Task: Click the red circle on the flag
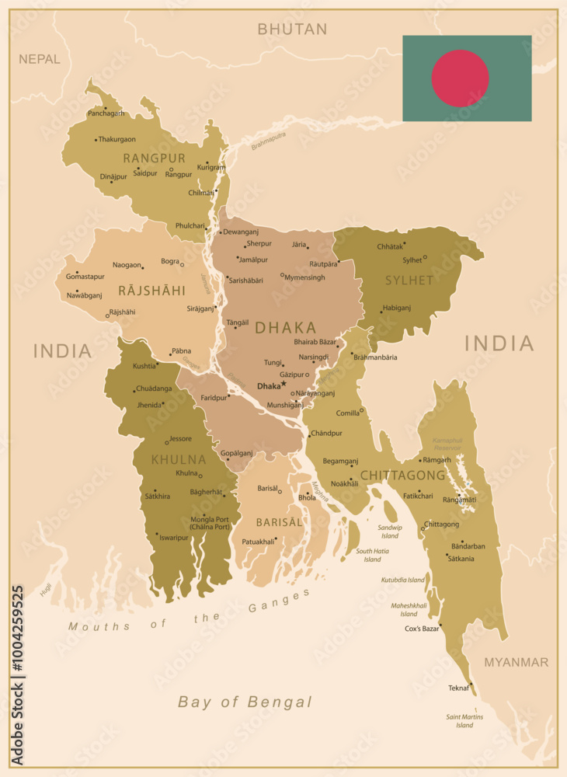coord(460,78)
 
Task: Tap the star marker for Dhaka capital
coord(283,384)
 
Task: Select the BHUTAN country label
coord(292,30)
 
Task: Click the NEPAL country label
coord(39,59)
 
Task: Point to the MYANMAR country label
coord(516,662)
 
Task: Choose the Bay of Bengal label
coord(245,702)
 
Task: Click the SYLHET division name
coord(409,280)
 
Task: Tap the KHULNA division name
coord(179,459)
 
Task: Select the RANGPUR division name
coord(155,158)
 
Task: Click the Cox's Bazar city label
coord(421,629)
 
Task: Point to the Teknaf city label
coord(458,688)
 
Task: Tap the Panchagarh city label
coord(106,113)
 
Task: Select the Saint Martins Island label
coord(464,721)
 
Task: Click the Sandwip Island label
coord(390,531)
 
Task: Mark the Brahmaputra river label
coord(268,141)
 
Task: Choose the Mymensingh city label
coord(304,277)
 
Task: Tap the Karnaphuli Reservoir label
coord(447,444)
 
